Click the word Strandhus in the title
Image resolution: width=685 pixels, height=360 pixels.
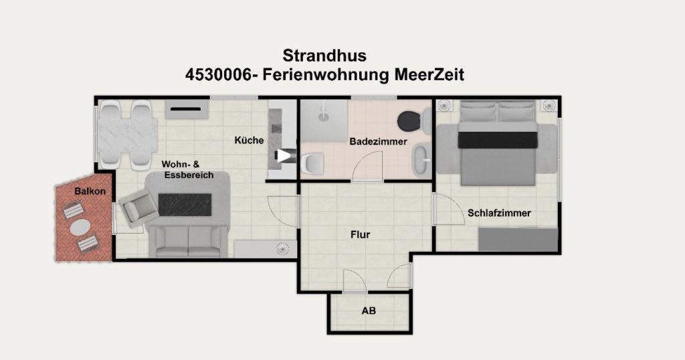pos(324,56)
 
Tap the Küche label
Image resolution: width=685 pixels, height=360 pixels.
pos(249,141)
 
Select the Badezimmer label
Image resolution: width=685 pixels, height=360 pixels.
pos(379,142)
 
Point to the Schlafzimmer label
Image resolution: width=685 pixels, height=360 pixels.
pos(499,213)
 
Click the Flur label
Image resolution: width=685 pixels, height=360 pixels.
pos(361,235)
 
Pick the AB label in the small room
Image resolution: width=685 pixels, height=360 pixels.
pos(369,311)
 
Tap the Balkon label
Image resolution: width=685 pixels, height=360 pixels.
pos(90,191)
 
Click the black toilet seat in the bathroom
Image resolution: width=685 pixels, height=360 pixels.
pos(410,120)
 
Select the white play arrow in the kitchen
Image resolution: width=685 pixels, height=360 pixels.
pos(284,155)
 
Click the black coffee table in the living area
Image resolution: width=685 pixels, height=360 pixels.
pos(185,205)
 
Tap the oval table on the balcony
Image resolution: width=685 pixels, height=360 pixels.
pos(80,228)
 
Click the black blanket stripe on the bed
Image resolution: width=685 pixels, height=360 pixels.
pos(498,140)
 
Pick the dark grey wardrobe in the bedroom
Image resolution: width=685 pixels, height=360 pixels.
pos(518,240)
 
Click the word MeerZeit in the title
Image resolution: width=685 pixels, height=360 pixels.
pos(429,75)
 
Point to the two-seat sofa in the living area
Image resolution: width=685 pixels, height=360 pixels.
pos(188,241)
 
